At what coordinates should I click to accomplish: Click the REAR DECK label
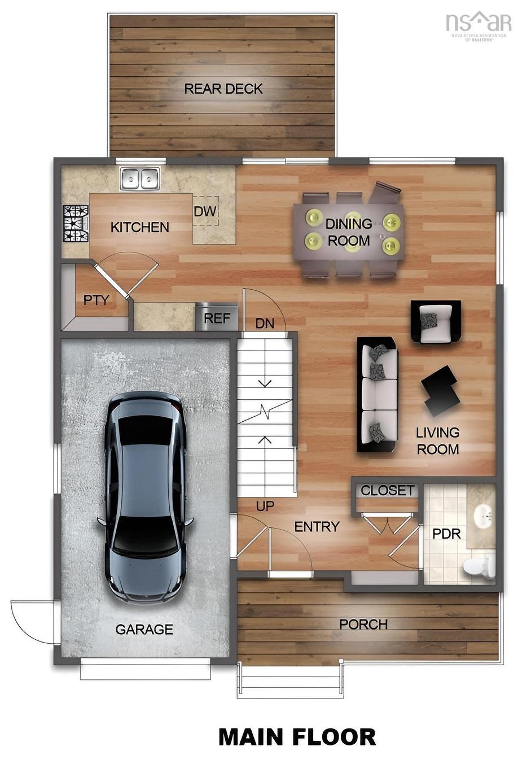[223, 89]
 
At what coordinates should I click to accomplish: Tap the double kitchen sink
[139, 179]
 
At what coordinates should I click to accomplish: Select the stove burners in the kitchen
[76, 223]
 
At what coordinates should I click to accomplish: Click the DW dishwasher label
[205, 211]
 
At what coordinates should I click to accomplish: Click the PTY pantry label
[96, 300]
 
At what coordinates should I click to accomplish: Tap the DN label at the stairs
[265, 324]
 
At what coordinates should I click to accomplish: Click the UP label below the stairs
[265, 506]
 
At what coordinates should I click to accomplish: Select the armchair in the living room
[435, 322]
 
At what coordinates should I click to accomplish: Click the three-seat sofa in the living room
[377, 394]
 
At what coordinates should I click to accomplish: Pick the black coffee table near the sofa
[440, 390]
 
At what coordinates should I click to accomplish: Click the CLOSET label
[387, 491]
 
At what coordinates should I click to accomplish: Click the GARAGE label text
[144, 629]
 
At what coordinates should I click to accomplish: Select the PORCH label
[363, 625]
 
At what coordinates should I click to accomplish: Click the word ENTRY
[317, 526]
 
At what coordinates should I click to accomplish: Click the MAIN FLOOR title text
[297, 737]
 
